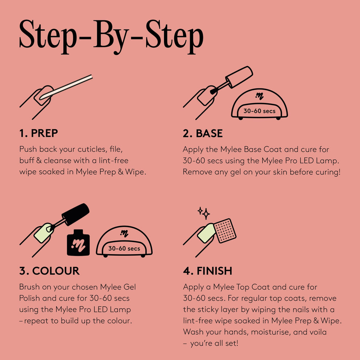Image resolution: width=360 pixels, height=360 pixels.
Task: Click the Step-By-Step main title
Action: [111, 36]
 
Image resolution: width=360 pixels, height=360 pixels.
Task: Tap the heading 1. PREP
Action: [38, 133]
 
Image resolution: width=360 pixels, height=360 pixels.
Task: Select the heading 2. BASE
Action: [203, 133]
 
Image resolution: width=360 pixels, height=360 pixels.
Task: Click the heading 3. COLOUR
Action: [49, 271]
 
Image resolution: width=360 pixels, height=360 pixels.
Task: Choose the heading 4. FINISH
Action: [207, 271]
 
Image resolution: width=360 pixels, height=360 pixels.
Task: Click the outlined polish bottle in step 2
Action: [239, 76]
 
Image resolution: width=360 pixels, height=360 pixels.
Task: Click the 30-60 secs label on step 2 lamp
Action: [259, 111]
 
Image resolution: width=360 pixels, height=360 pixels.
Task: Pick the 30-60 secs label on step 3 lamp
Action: [124, 249]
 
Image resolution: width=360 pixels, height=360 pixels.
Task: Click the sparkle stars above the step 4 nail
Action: [204, 213]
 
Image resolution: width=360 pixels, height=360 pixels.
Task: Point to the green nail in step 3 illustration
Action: [43, 233]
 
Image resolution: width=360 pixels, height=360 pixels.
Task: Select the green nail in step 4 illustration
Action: [207, 233]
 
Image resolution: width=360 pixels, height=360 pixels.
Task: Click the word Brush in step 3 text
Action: [30, 287]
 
